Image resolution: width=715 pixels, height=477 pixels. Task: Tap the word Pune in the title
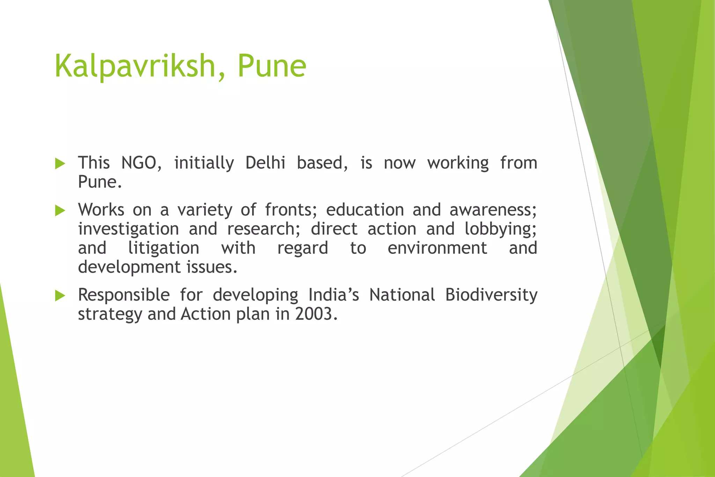pos(272,66)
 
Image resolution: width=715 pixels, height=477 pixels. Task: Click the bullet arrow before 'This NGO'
pos(60,163)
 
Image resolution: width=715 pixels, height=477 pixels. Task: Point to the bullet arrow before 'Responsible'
pos(60,296)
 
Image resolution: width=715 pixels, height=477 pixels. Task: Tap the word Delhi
pos(265,163)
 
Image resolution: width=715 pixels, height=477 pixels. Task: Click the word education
pos(365,210)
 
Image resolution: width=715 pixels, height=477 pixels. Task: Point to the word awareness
pos(493,210)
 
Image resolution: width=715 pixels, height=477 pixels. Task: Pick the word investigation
pos(128,229)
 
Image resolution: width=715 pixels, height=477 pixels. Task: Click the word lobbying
pos(500,229)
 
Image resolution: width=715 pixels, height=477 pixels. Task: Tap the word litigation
pos(164,249)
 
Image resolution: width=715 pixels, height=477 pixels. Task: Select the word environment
pos(437,248)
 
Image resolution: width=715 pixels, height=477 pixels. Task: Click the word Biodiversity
pos(491,295)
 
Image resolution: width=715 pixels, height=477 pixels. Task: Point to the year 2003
pos(316,314)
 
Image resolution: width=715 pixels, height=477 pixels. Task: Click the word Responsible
pos(124,295)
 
